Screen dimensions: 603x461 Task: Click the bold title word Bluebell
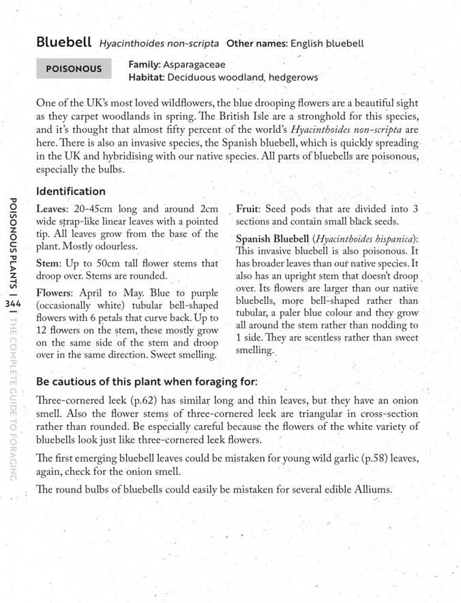tap(63, 42)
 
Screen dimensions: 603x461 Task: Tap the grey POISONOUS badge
tap(73, 69)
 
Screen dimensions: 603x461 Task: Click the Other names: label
tap(257, 44)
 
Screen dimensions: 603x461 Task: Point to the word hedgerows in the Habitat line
tap(293, 77)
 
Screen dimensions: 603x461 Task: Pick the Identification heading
tap(70, 191)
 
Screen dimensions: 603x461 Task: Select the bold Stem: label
tap(50, 263)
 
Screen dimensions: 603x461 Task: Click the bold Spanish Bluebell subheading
tap(272, 239)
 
